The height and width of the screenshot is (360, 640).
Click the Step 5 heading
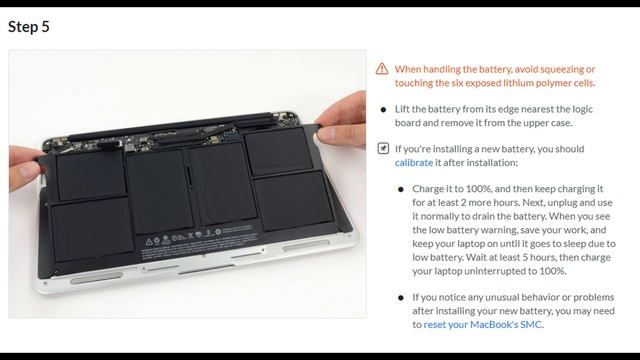[x=29, y=27]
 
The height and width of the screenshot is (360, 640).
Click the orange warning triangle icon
[x=382, y=69]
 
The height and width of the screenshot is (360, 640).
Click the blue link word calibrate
[x=414, y=162]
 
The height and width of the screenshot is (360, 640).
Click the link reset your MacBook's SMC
[x=483, y=324]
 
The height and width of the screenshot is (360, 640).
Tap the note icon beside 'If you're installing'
[x=382, y=149]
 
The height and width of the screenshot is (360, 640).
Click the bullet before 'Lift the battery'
[x=383, y=109]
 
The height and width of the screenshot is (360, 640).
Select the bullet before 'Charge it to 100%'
[x=401, y=189]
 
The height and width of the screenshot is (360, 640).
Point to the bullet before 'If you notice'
[x=401, y=297]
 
